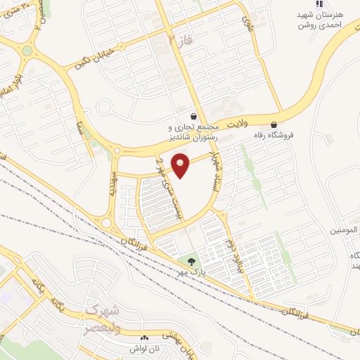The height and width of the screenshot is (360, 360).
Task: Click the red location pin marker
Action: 181,165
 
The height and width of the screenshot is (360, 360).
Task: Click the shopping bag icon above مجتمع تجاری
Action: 193,115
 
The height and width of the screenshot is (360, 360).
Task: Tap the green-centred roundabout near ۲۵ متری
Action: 27,51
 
